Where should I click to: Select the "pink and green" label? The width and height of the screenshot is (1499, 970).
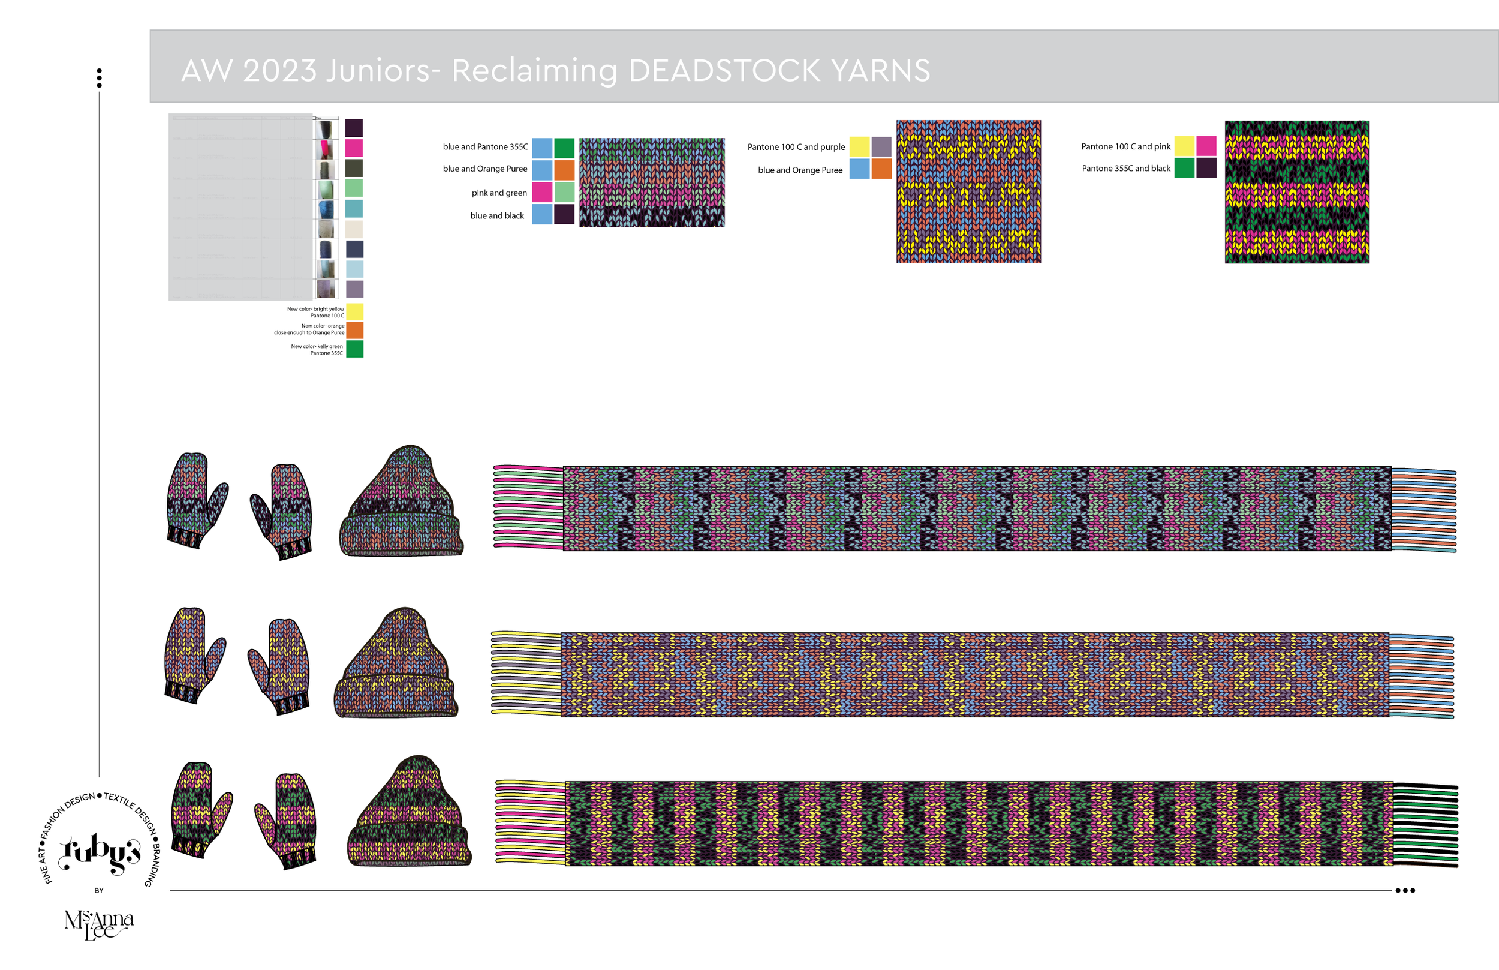[499, 193]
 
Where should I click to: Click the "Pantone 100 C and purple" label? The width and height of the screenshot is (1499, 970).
[796, 147]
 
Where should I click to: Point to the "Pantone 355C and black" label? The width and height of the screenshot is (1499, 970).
[1125, 168]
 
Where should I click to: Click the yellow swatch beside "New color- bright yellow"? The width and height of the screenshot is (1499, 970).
[354, 312]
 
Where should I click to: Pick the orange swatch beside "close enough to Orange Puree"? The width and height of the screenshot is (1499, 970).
[354, 330]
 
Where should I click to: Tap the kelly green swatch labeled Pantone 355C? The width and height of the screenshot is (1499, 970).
[354, 349]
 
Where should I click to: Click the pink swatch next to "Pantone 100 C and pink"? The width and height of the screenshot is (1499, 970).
[1206, 146]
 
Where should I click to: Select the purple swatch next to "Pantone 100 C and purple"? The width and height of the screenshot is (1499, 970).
[881, 147]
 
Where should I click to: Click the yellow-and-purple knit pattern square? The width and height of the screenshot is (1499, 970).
[968, 191]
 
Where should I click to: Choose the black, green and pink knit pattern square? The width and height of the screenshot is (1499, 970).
[1296, 191]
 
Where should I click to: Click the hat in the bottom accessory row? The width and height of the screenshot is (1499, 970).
[408, 812]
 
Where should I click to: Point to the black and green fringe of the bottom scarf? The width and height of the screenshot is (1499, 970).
[1425, 825]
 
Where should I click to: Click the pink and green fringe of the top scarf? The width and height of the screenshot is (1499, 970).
[528, 507]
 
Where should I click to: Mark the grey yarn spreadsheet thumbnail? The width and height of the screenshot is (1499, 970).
[240, 206]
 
